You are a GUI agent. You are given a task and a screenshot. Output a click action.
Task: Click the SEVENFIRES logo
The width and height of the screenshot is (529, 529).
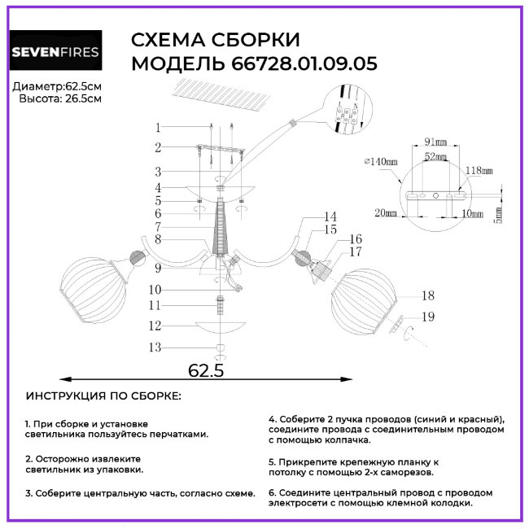[55, 53]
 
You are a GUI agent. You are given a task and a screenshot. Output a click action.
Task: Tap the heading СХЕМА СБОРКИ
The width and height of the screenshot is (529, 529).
[216, 40]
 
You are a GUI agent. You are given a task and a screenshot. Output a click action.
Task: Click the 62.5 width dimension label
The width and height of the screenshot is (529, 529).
[206, 370]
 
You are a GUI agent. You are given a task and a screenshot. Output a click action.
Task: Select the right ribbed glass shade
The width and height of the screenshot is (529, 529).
[362, 299]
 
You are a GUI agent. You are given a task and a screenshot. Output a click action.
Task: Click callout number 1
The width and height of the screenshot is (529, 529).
[159, 127]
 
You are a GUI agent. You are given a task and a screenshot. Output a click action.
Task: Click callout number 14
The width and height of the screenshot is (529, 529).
[330, 217]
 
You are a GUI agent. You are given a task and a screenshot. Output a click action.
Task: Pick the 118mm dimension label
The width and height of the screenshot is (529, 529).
[480, 170]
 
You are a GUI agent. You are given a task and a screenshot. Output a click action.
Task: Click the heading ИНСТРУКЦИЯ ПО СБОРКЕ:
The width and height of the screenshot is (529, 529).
[104, 396]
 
